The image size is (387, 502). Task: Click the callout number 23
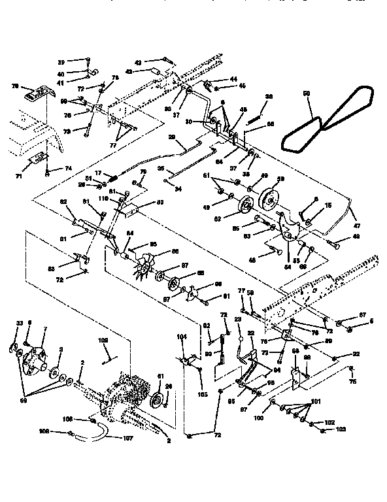click(x=239, y=319)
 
